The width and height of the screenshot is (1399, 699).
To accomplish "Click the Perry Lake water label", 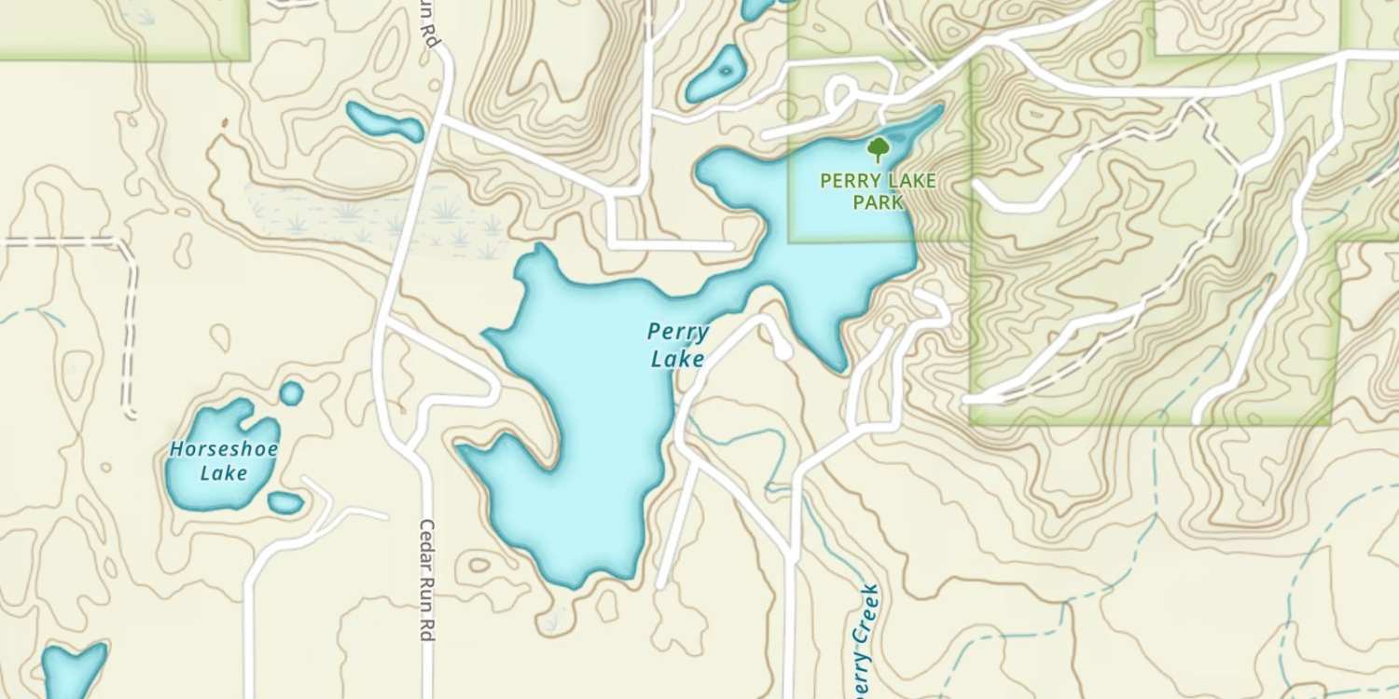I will tap(677, 345).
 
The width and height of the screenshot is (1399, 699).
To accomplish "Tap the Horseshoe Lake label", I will tap(224, 460).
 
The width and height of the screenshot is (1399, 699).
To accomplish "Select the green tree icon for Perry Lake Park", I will tap(877, 149).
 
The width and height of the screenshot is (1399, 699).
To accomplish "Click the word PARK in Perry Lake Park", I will tap(878, 201).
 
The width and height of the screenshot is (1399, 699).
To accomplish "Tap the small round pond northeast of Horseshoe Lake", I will tap(292, 393).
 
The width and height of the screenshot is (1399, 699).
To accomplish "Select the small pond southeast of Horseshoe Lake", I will tap(285, 503).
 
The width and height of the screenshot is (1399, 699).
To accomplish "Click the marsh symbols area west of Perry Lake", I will tap(373, 220).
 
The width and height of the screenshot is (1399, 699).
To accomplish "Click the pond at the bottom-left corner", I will tap(73, 668).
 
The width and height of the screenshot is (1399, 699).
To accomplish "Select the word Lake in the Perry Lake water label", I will tap(677, 359).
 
